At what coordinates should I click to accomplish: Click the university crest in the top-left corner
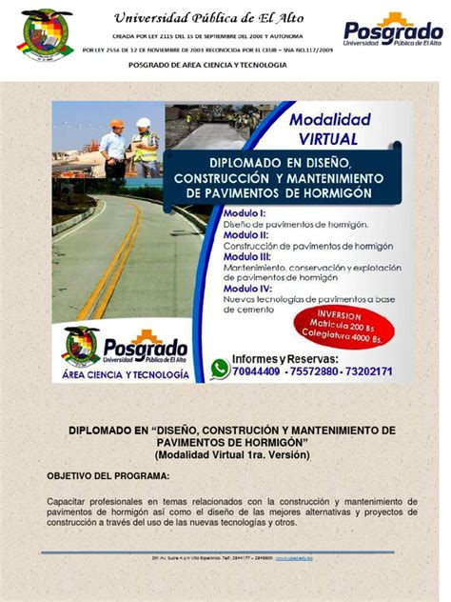point(47,32)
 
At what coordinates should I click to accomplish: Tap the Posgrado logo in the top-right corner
point(392,31)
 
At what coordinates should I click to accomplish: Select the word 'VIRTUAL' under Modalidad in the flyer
point(315,139)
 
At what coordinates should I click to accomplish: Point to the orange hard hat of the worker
point(115,125)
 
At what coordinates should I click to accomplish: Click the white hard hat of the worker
point(143,123)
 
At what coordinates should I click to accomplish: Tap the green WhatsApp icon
point(220,368)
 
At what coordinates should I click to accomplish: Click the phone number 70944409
point(257,371)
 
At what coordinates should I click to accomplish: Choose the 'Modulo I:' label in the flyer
point(245,212)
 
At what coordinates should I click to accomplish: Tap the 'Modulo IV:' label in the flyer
point(249,288)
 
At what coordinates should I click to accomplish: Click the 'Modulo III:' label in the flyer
point(249,256)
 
